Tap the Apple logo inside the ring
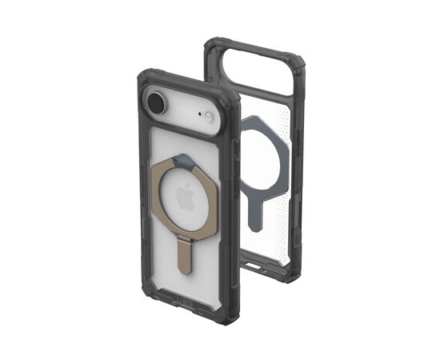click(x=186, y=194)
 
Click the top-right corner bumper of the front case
click(x=231, y=101)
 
